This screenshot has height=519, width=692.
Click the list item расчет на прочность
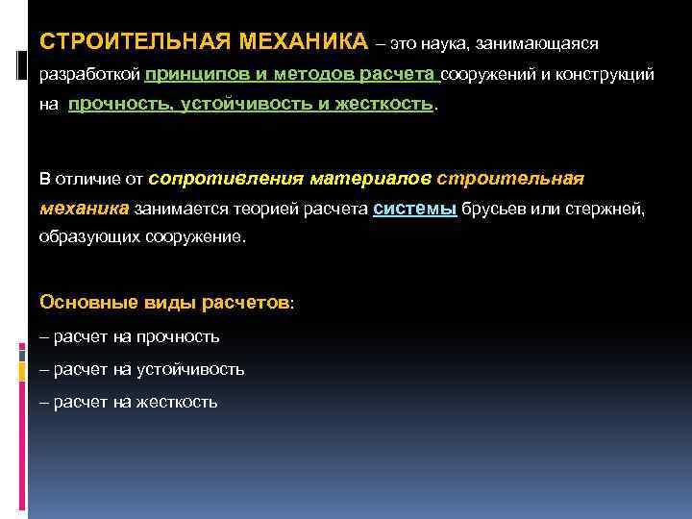(x=131, y=336)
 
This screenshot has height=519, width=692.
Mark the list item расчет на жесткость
(x=131, y=402)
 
